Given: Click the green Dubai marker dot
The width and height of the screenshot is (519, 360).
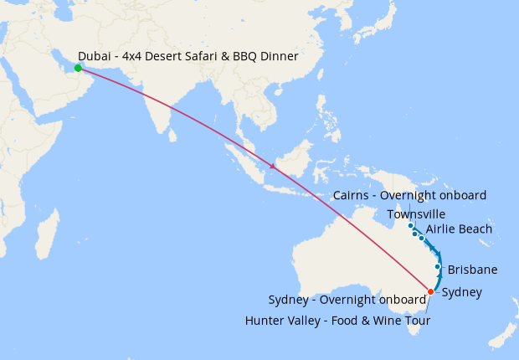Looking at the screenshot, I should click(78, 68).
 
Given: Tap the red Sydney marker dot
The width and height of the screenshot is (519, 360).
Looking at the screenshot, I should click(431, 291).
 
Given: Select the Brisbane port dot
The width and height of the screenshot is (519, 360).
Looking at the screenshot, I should click(437, 267).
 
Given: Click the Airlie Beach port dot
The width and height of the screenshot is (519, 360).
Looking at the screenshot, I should click(422, 239).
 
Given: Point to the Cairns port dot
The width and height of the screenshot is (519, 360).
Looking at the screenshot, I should click(410, 225).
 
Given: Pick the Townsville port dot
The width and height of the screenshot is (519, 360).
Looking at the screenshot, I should click(415, 234).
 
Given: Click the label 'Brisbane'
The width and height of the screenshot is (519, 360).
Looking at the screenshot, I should click(473, 270).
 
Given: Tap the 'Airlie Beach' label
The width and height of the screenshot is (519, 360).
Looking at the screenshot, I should click(459, 229).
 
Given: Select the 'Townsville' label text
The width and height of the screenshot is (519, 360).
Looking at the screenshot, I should click(416, 214).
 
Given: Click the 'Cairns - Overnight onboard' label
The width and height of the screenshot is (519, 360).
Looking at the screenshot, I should click(409, 195).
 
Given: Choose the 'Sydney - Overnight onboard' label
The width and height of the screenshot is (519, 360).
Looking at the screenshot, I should click(347, 301).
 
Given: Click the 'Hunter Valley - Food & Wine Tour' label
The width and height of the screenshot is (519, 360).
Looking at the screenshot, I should click(337, 321).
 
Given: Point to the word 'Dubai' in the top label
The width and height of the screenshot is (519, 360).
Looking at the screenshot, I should click(95, 55).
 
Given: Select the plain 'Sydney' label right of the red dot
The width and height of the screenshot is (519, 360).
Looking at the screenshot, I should click(461, 292).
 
